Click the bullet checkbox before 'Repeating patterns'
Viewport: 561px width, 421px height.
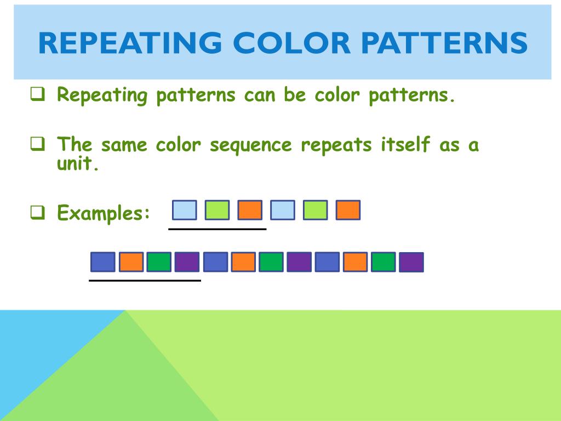[37, 95]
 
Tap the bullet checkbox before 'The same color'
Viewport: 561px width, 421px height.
[37, 145]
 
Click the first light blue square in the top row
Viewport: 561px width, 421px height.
[184, 210]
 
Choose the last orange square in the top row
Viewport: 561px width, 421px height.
[348, 210]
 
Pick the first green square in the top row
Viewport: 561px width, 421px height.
[217, 210]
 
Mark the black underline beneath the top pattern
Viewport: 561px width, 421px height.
[217, 229]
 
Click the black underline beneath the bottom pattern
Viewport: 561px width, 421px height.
[145, 280]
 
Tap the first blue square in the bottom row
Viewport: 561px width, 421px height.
[103, 262]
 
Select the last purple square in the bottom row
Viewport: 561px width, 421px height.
[411, 262]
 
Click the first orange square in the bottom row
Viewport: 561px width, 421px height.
[131, 262]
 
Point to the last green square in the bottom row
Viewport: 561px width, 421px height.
[383, 262]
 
